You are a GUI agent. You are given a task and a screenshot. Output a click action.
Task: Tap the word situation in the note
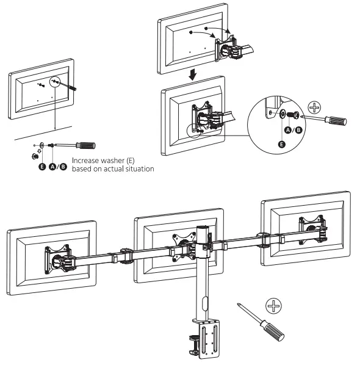click(x=132, y=169)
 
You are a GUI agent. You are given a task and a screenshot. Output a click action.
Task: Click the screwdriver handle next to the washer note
click(x=86, y=145)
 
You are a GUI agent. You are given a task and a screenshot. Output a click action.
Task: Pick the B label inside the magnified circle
click(x=298, y=129)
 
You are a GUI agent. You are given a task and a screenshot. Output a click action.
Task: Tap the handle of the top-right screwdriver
click(x=337, y=121)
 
